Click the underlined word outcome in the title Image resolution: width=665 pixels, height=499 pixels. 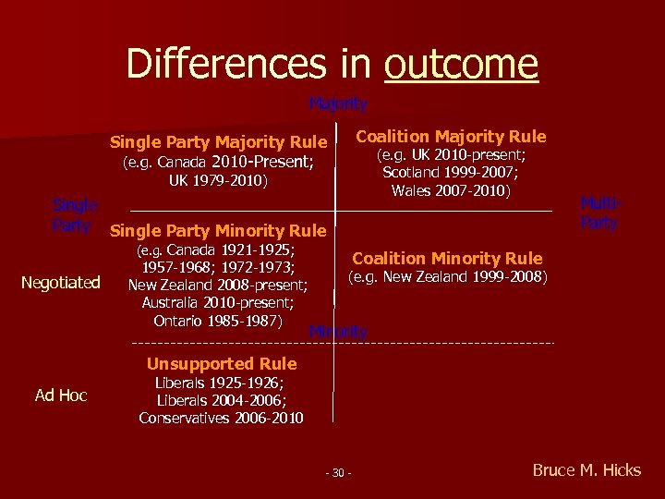point(461,64)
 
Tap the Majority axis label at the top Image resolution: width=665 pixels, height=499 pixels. point(338,103)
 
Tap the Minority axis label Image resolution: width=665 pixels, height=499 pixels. point(339,331)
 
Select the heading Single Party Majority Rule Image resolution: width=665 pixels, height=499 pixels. point(218,142)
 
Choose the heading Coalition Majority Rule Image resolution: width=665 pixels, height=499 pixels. point(452,137)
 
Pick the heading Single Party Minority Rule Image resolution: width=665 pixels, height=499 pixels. point(217,230)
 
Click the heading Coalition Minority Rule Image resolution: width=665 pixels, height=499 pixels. point(447,259)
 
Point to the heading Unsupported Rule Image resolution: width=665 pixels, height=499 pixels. point(222,363)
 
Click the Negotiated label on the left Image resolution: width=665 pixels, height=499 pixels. point(60,282)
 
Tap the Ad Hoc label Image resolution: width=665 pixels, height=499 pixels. point(61,396)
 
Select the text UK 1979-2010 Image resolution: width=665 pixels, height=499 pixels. point(219,181)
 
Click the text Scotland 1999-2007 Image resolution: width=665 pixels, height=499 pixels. point(451,173)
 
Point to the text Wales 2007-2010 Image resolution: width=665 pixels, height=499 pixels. point(451,190)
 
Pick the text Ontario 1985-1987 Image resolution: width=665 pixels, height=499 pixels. point(218,320)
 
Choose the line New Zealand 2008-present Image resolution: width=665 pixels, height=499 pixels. point(218,285)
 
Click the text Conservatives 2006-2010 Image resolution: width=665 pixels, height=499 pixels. point(221,418)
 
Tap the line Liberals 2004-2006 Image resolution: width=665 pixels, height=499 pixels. point(221,400)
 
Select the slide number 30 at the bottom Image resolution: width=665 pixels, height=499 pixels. point(338,474)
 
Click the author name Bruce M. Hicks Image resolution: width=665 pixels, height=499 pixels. point(586,470)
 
